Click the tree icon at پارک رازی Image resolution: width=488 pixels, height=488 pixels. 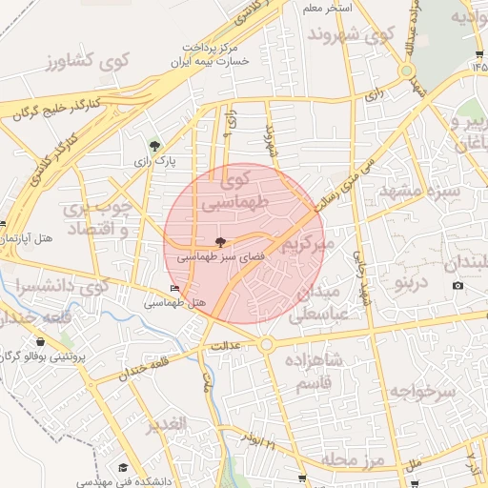coord(154,146)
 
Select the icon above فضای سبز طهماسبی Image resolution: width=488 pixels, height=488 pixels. coord(221,242)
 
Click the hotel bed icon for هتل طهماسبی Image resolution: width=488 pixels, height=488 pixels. coord(173,288)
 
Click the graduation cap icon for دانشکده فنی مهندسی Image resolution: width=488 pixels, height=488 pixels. coord(123,467)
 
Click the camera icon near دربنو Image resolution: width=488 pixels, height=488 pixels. coord(457,286)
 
